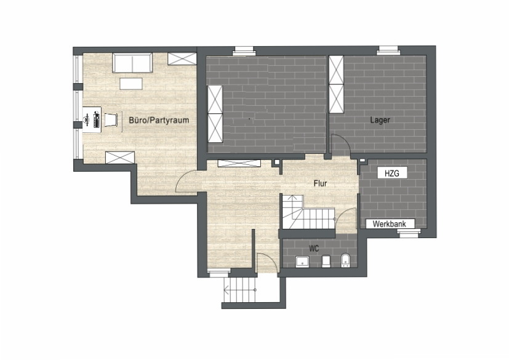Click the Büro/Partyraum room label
[159, 120]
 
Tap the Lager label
[380, 120]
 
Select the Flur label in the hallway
[321, 183]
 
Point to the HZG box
[392, 173]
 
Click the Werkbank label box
[390, 224]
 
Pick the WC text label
[314, 249]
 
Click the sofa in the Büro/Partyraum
[132, 63]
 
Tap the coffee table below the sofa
[131, 84]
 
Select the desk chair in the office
[110, 120]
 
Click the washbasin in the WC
[302, 262]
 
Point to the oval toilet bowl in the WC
[345, 261]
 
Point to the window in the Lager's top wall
[388, 50]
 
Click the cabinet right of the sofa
[182, 58]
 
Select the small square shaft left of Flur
[277, 162]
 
